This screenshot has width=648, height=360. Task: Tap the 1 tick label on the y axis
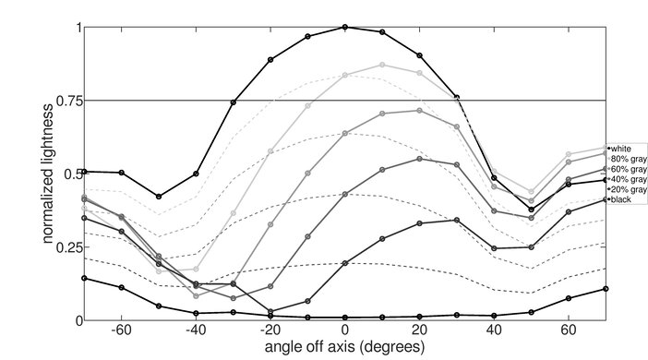[77, 28]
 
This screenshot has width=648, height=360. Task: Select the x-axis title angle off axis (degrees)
[344, 349]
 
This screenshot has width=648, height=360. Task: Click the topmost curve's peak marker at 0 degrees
[345, 27]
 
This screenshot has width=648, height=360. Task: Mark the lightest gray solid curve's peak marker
[382, 65]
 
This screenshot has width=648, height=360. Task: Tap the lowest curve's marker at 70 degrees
[606, 289]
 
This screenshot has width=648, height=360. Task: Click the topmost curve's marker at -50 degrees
[159, 197]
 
